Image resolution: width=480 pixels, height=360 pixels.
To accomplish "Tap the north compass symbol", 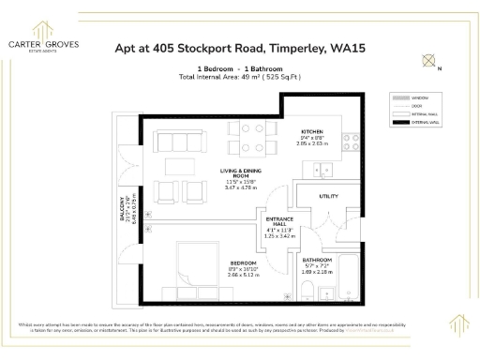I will (430, 62).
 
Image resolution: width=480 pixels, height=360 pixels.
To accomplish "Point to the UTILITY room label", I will (329, 197).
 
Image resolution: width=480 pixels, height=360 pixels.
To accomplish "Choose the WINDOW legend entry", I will (417, 97).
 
